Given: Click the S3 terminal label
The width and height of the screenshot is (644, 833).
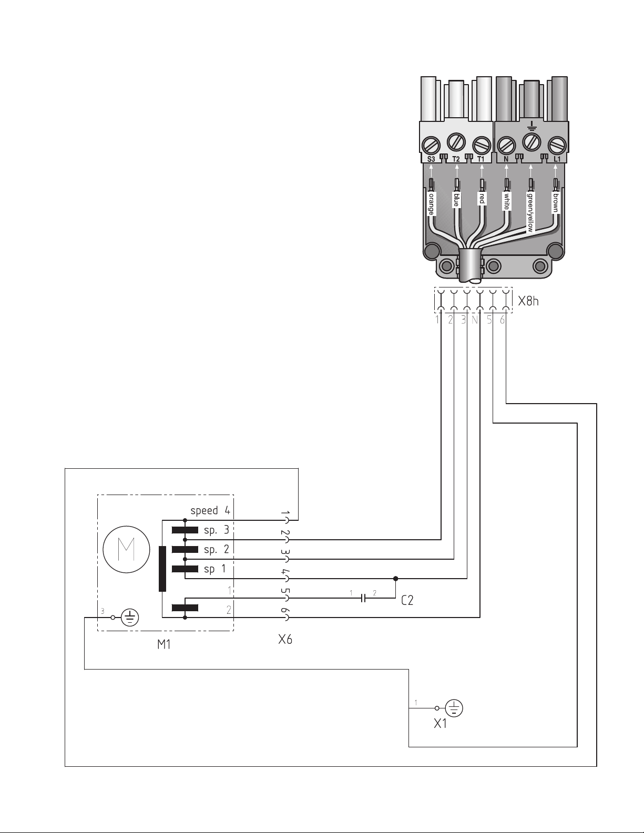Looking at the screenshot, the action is tap(431, 159).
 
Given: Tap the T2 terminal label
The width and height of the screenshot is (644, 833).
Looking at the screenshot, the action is tap(456, 159).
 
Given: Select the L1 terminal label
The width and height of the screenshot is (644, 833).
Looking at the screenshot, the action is tap(557, 159).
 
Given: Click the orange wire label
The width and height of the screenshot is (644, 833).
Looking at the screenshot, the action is tap(431, 203).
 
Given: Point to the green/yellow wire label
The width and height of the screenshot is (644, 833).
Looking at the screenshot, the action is tap(530, 212).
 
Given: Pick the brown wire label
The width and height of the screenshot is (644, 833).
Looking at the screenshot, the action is tap(556, 202).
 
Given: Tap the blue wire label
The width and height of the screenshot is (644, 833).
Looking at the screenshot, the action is tap(456, 199).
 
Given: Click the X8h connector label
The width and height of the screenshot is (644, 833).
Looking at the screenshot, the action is tap(528, 301).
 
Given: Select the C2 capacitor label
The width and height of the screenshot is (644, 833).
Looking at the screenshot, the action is tap(407, 600).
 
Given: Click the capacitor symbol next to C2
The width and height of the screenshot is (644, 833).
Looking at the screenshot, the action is tap(364, 598).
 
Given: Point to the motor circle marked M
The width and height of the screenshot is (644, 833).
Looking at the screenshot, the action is tap(127, 549).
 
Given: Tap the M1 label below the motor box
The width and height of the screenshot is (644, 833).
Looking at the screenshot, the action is tap(163, 645).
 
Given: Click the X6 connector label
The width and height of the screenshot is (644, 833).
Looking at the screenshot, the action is tap(285, 639).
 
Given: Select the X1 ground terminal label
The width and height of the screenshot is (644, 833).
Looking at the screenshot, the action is tap(441, 723).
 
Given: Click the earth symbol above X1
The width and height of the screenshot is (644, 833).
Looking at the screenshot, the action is tap(454, 708).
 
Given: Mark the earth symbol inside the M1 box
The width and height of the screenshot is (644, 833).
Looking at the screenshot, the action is tap(130, 618).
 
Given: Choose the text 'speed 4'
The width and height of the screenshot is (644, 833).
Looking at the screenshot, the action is tap(210, 510).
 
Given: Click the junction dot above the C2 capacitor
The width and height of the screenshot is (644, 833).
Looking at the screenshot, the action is tap(395, 578).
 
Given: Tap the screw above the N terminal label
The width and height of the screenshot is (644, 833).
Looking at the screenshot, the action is tap(506, 145).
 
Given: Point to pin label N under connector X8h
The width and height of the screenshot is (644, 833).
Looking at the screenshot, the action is tap(475, 320).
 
